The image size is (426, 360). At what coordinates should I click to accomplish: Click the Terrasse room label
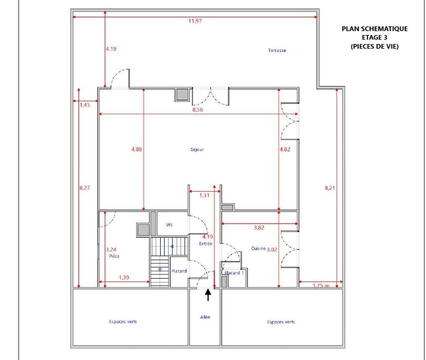(277, 50)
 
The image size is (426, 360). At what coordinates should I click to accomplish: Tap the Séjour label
(197, 149)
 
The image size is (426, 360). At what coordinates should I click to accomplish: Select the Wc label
(169, 225)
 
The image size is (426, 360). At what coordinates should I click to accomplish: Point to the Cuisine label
(258, 248)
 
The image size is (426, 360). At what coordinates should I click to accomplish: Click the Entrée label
(206, 244)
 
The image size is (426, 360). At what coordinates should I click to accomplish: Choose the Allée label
(205, 317)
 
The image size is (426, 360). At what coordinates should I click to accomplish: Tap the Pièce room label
(114, 256)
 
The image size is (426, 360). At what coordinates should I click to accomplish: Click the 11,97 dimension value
(195, 20)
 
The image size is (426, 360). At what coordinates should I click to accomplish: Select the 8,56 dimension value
(198, 109)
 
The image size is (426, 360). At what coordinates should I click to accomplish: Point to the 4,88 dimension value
(136, 149)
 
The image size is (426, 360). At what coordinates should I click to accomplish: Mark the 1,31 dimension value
(205, 195)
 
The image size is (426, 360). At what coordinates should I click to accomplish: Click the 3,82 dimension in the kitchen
(259, 228)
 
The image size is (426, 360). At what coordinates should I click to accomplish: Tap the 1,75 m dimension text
(321, 286)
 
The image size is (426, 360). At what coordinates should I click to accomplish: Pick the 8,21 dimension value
(330, 188)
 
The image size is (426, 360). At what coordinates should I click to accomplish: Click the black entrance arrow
(208, 295)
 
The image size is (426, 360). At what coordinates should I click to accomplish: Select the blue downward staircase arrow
(160, 270)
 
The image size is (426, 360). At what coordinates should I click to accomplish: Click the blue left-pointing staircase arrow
(172, 247)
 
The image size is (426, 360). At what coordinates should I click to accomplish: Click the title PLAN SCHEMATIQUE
(375, 29)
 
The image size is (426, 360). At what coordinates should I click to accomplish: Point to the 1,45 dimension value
(85, 105)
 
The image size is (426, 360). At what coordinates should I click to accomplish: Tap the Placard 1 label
(234, 273)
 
